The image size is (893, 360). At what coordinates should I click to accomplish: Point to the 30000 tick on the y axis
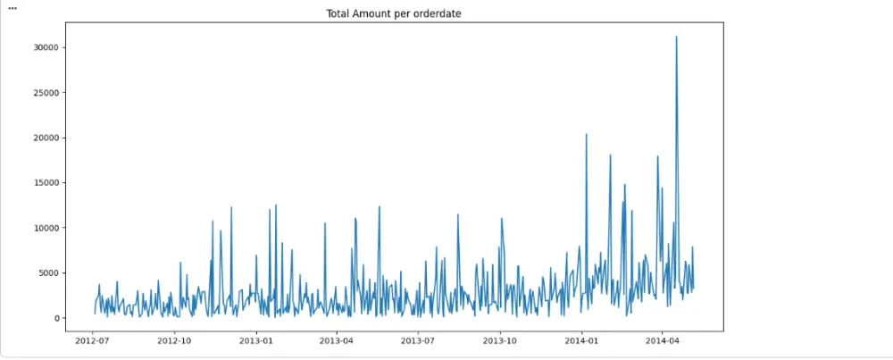[46, 47]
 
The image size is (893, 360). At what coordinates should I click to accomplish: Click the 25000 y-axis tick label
[46, 93]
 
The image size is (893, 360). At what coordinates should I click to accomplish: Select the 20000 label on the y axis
[46, 138]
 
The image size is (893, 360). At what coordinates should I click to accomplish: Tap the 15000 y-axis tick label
[46, 183]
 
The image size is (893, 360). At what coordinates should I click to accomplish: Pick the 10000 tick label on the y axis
[46, 228]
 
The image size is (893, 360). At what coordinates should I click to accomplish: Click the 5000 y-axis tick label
[49, 273]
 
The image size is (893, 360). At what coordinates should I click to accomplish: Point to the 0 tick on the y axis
[57, 318]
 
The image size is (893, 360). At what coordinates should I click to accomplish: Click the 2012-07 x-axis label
[93, 340]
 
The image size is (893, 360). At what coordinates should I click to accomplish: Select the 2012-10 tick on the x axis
[174, 340]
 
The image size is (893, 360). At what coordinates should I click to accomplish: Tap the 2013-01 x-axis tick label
[256, 340]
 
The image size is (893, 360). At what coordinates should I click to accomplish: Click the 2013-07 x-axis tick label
[418, 340]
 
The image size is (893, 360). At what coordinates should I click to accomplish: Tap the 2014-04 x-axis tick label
[662, 340]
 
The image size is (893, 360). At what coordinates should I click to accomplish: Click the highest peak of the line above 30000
[676, 37]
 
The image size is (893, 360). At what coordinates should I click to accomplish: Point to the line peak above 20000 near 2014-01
[586, 134]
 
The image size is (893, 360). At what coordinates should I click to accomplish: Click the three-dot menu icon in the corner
[13, 6]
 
